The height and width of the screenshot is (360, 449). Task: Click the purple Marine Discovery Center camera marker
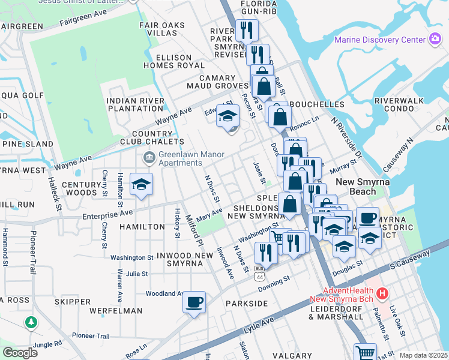(435, 40)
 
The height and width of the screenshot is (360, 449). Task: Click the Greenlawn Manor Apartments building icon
(148, 158)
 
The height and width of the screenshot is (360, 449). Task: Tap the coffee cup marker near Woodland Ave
(194, 302)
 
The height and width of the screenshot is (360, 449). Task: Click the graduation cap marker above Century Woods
(142, 184)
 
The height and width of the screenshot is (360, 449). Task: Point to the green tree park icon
(31, 323)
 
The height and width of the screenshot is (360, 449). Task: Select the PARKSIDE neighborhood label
(247, 304)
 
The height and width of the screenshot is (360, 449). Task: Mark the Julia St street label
(137, 273)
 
